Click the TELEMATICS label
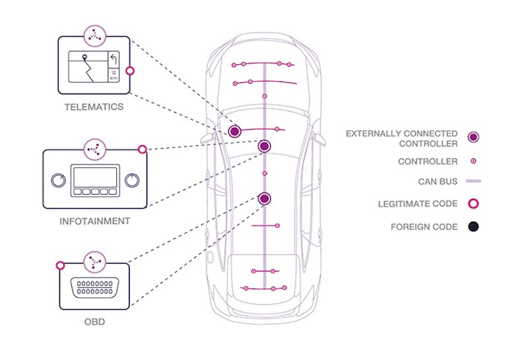93,106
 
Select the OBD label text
94,323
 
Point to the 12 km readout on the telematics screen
114,75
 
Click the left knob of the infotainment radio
57,180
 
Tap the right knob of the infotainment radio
131,180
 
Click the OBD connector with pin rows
94,287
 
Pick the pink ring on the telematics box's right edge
129,70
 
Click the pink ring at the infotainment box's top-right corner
143,150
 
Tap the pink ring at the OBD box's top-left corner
60,266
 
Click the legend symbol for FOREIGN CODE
473,227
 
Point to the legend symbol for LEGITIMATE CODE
473,203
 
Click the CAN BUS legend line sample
473,180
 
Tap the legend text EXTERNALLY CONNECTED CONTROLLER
401,139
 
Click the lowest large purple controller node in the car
265,198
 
